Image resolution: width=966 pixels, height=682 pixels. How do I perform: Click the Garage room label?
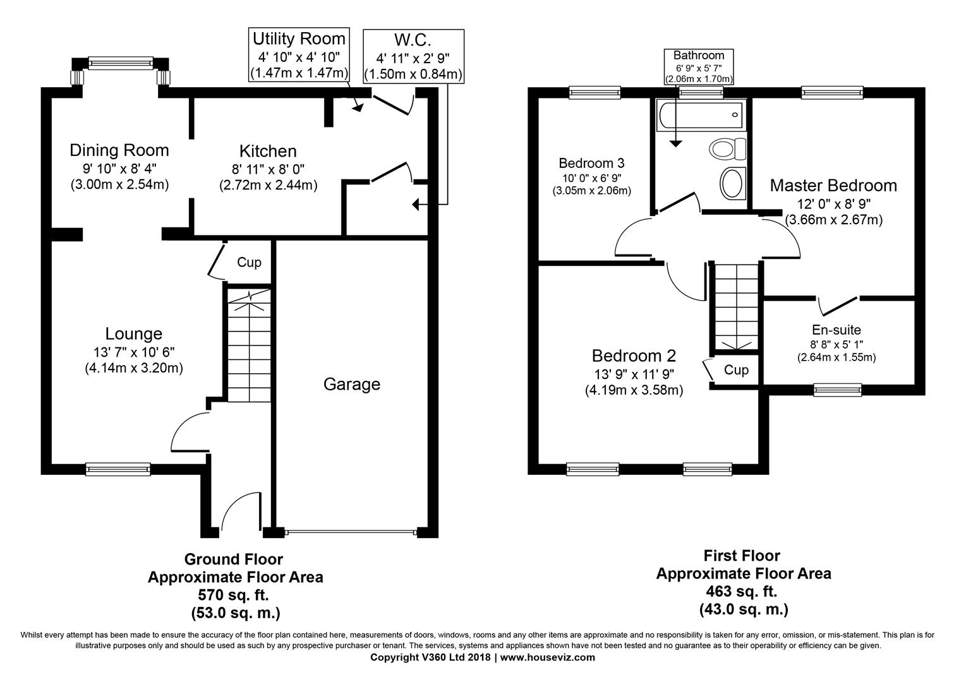point(351,384)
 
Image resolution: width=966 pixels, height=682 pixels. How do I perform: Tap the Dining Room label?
point(119,150)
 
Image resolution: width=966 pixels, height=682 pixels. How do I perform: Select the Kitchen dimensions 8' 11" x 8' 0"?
point(268,169)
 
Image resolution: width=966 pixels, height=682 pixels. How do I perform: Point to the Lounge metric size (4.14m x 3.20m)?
point(134,368)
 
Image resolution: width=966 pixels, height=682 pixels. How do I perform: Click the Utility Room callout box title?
point(299,39)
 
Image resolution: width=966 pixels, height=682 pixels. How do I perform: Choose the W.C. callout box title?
point(413,40)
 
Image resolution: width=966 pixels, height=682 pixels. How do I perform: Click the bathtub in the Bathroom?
point(701,115)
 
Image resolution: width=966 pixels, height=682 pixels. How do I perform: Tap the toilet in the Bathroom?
point(727,149)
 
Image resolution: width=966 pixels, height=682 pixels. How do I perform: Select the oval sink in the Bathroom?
point(732,183)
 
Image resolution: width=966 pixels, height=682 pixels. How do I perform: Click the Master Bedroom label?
point(833,186)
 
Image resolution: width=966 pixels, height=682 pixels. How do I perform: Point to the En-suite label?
point(836,330)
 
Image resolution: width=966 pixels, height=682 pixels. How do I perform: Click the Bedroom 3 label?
point(591,163)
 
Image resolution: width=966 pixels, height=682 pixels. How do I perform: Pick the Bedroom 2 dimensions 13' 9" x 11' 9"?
point(634,374)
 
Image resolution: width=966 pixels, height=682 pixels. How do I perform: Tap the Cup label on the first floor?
point(736,370)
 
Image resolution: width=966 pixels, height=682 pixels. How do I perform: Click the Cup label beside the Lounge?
point(250,262)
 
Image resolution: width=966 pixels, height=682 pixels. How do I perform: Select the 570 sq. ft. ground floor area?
point(233,595)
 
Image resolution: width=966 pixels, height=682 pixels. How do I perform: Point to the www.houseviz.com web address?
point(547,657)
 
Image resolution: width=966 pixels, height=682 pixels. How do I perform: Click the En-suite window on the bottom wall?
point(838,390)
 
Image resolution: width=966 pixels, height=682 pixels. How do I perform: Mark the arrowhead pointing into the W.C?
point(415,204)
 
